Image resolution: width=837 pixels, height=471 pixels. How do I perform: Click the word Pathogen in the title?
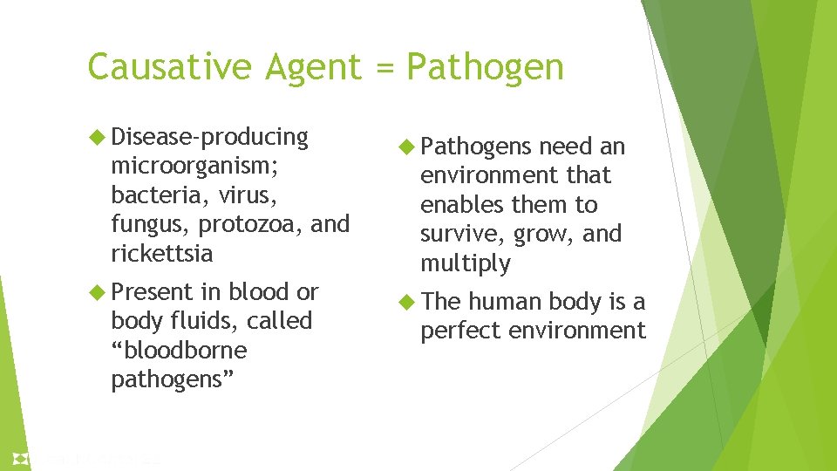pos(486,68)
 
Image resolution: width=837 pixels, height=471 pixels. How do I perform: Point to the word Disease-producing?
pos(210,138)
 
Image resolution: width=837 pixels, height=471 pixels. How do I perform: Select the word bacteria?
pos(149,195)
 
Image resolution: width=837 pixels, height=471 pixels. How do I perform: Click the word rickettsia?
pos(161,253)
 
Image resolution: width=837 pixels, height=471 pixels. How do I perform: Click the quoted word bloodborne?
pos(179,351)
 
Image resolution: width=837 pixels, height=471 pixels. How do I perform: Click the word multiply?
pos(465,263)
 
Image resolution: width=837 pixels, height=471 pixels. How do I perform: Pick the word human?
pos(505,302)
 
